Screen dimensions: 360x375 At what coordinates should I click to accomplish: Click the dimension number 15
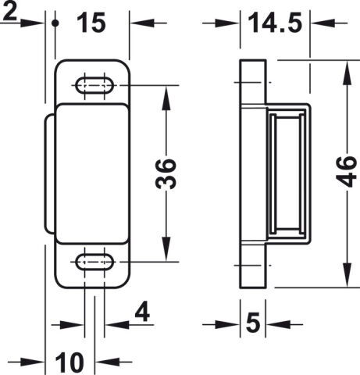(x=91, y=23)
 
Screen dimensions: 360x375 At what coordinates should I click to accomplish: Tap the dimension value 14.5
(x=275, y=23)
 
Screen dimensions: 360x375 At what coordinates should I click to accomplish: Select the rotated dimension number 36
(x=166, y=173)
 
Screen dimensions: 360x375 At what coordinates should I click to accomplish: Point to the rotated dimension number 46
(x=346, y=172)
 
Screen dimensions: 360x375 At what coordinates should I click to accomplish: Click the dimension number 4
(x=142, y=312)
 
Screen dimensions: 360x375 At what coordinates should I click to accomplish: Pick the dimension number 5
(x=253, y=323)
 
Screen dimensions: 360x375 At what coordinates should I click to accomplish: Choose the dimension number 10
(x=70, y=362)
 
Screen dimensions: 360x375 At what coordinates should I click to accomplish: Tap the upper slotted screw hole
(x=94, y=85)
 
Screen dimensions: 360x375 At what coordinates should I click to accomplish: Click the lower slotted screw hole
(x=94, y=262)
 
